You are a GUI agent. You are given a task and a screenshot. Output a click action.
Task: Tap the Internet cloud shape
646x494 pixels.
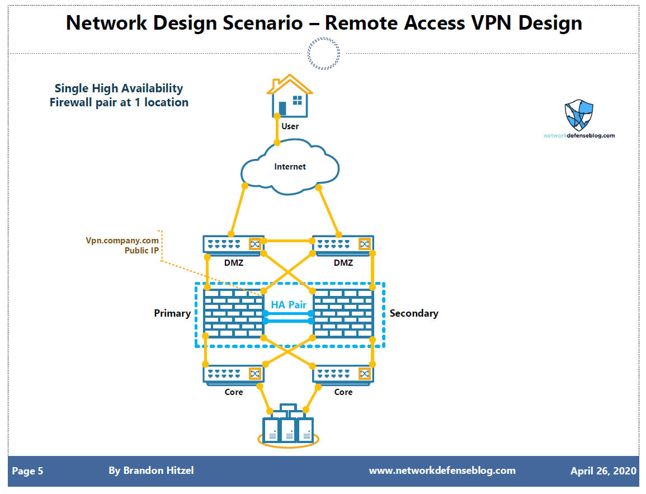[290, 166]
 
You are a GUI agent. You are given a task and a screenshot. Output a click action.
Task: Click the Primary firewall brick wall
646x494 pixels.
[233, 313]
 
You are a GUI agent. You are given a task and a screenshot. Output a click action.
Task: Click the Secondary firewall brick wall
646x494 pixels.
[343, 313]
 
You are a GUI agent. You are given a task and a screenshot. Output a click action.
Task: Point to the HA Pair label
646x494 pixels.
[289, 305]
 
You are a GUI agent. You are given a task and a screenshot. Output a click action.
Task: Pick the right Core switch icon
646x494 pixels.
[342, 374]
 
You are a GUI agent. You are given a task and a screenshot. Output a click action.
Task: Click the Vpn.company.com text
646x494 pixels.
[122, 240]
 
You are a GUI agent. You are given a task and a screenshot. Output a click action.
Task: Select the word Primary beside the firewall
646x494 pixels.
[172, 313]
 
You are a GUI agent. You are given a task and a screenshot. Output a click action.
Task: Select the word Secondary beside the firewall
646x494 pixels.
[413, 313]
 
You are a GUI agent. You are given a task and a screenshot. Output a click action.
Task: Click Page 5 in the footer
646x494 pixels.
[27, 471]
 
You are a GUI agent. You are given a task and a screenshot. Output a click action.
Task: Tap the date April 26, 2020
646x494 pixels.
[603, 471]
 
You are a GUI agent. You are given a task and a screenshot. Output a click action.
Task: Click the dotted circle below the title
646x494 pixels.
[323, 54]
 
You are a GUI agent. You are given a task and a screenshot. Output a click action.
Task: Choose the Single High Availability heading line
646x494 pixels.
[119, 88]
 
